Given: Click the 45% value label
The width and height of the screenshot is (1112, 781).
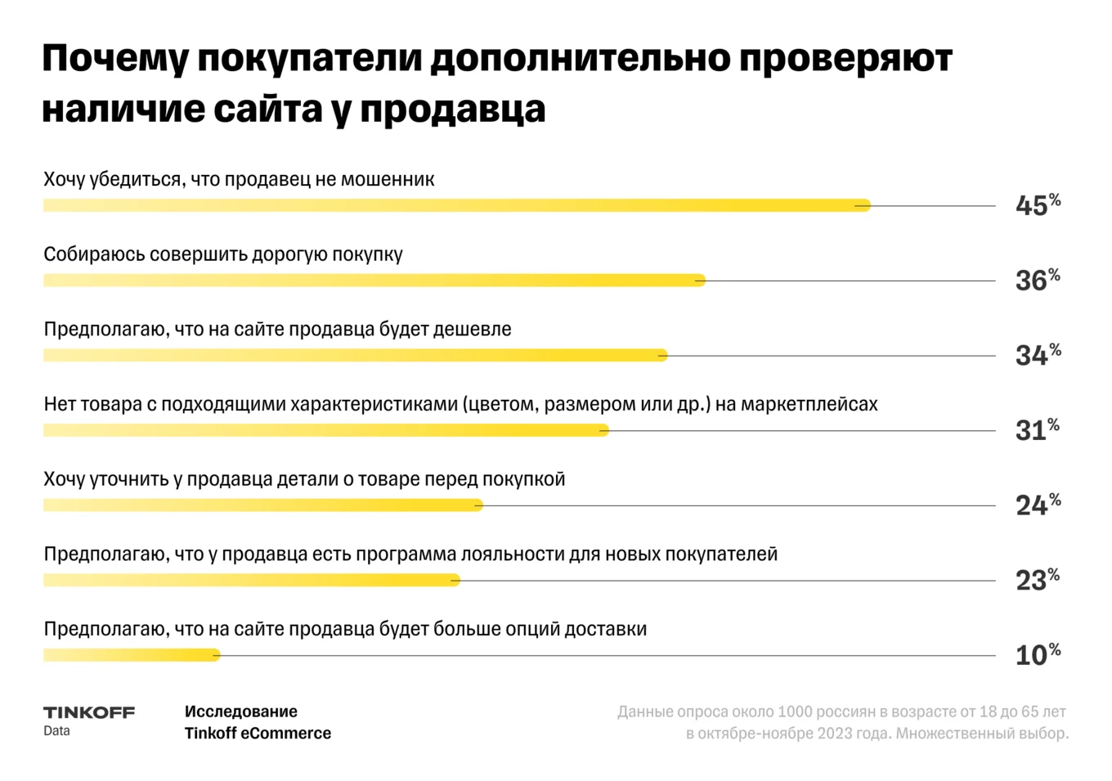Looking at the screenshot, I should [x=1037, y=204].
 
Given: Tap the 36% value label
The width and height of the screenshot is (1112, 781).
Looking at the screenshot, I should [x=1037, y=280].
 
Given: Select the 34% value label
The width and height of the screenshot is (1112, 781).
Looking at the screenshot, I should [x=1037, y=355].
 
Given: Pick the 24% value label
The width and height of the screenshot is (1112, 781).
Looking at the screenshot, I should [x=1037, y=505].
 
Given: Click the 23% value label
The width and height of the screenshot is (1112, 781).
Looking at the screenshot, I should [x=1037, y=580].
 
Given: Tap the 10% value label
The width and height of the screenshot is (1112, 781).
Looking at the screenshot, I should [x=1037, y=654].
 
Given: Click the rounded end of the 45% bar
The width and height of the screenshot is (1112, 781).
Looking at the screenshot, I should [x=865, y=206].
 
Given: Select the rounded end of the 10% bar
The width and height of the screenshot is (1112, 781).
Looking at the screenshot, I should [x=215, y=655].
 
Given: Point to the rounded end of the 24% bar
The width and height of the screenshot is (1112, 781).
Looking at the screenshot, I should [x=478, y=505].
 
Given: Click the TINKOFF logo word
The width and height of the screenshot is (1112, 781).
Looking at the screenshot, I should [x=89, y=712].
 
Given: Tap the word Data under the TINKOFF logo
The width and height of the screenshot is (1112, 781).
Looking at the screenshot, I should [x=56, y=731].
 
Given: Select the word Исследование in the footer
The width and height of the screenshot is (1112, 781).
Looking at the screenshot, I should [x=241, y=711].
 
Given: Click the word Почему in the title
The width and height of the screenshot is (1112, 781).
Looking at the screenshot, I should [x=114, y=60].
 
